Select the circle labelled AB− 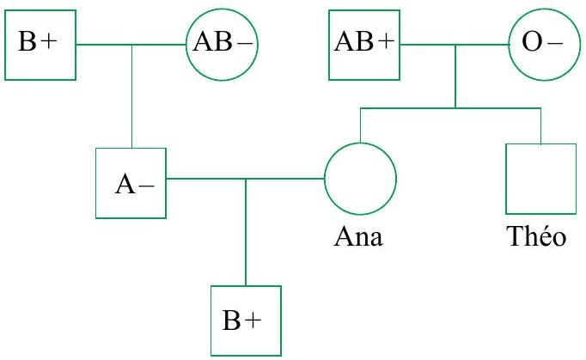[222, 42]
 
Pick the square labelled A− [131, 183]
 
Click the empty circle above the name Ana [360, 180]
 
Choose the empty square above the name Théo [540, 179]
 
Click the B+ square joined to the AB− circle [41, 42]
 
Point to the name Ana [360, 238]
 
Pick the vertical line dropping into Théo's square [540, 125]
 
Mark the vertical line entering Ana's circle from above [360, 125]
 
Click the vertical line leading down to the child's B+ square [246, 232]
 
